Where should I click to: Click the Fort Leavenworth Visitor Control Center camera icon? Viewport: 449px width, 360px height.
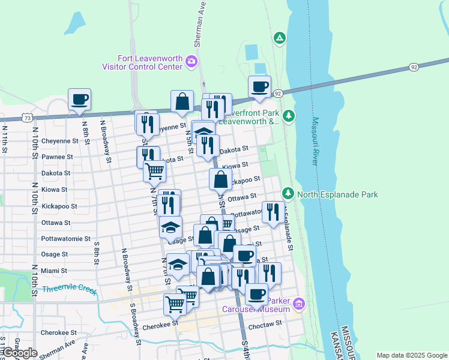pos(191,61)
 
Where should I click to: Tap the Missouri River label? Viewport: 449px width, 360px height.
pos(315,142)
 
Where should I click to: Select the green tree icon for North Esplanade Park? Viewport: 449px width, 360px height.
pos(289,194)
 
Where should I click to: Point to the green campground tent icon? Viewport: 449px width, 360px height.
pos(279,38)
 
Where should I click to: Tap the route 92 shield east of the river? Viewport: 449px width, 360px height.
pos(414,67)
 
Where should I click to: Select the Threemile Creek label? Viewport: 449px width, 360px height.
pos(70,290)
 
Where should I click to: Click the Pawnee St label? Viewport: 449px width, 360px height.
pos(57,157)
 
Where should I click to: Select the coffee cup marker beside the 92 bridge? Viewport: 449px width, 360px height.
pos(259,87)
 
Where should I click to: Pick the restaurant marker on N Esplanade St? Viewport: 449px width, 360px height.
pos(273,211)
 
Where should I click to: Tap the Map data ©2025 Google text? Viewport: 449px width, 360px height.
pos(411,355)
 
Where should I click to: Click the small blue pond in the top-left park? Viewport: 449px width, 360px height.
pos(76,23)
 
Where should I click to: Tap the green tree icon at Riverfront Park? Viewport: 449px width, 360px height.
pos(289,115)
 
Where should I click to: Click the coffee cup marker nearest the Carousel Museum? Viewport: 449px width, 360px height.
pos(256,295)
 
